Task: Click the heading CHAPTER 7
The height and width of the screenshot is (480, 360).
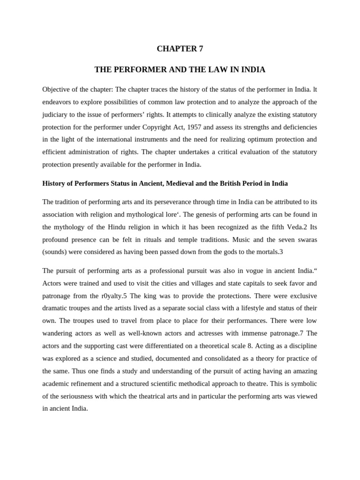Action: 180,49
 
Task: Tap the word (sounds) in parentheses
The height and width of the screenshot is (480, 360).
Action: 56,252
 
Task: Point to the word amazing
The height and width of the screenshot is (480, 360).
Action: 301,371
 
